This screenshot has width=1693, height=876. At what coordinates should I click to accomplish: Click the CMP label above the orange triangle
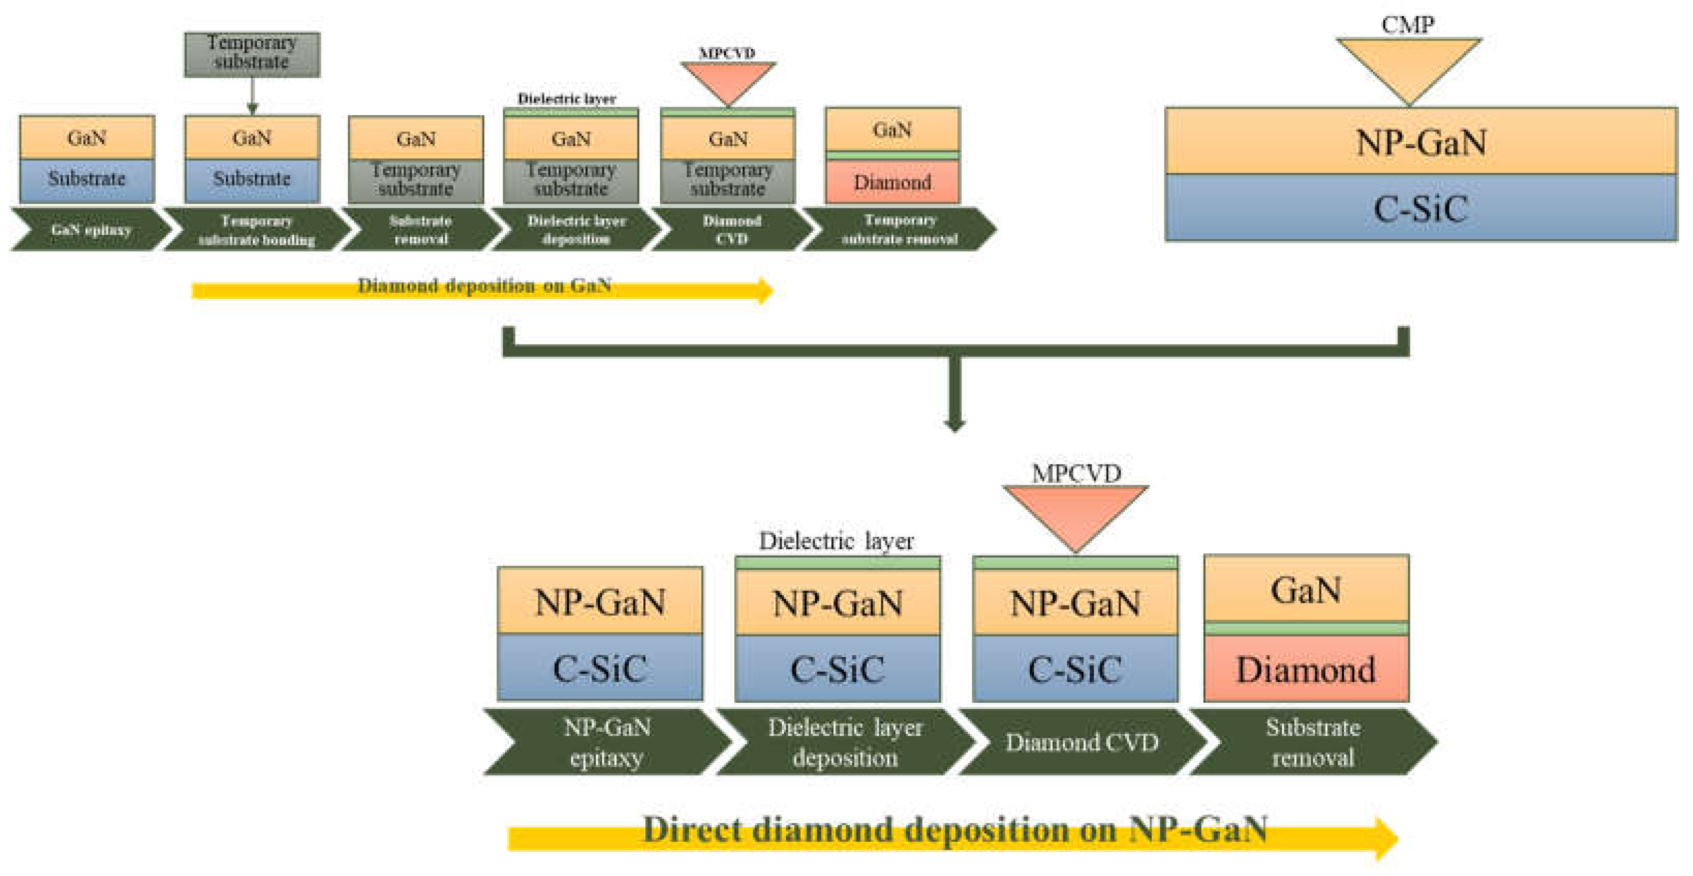pos(1407,25)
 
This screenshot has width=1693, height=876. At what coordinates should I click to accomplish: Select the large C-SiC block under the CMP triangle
pos(1420,208)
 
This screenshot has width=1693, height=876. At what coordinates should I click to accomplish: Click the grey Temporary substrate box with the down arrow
pos(252,54)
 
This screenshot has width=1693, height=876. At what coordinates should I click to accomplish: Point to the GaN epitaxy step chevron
pos(91,230)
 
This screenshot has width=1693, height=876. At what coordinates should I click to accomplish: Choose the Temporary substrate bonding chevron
pos(256,230)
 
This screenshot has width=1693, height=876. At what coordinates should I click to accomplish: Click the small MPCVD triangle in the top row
pos(727,79)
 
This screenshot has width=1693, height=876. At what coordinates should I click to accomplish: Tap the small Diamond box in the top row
pos(892,182)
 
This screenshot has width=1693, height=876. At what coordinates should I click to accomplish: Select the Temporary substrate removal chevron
pos(899,229)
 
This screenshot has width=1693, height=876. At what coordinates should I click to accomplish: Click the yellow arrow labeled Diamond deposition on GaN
pos(483,288)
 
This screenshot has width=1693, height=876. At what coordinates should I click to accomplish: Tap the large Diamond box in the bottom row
pos(1305,669)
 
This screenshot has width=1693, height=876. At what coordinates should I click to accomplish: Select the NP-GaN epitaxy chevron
pos(606,742)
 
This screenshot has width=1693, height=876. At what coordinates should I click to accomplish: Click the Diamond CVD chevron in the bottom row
pos(1081,742)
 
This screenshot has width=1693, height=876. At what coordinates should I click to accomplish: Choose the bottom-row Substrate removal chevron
pos(1312,742)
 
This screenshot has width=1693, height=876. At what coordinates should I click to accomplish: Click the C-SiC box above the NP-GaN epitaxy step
pos(599,668)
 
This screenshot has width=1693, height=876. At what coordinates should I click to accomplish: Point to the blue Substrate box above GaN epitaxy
pos(87,179)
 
